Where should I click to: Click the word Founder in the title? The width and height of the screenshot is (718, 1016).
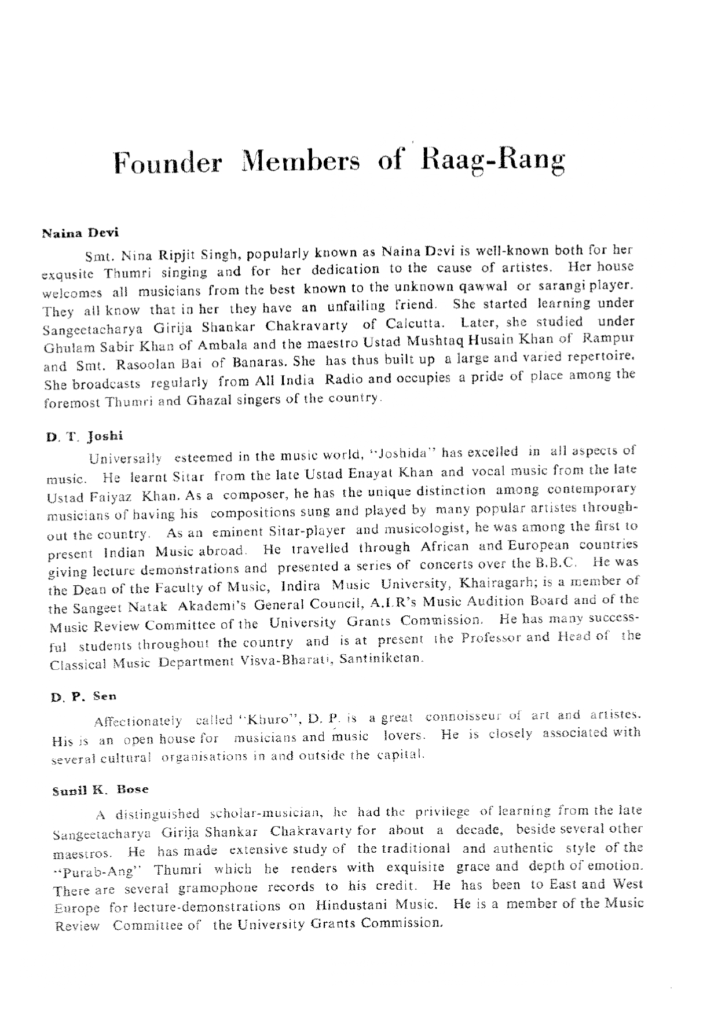click(x=167, y=163)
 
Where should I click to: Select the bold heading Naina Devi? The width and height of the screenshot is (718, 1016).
click(x=80, y=233)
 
